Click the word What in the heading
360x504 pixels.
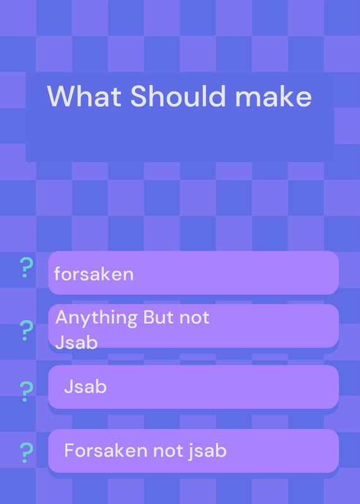[x=84, y=96]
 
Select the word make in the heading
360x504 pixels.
[x=274, y=96]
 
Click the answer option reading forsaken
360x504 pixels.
[x=194, y=273]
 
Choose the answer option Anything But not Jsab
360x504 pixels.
[x=194, y=326]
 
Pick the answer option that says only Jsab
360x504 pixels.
[x=194, y=387]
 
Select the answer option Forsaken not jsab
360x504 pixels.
[x=194, y=450]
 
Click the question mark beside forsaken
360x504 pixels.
[x=26, y=267]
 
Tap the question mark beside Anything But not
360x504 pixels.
[x=26, y=330]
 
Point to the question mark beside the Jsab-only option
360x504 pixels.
[x=26, y=391]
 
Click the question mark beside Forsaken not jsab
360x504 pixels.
[x=26, y=452]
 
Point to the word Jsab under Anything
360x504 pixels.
[x=76, y=343]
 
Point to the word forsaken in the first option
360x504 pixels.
[x=93, y=274]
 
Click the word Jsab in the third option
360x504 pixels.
[x=85, y=386]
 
